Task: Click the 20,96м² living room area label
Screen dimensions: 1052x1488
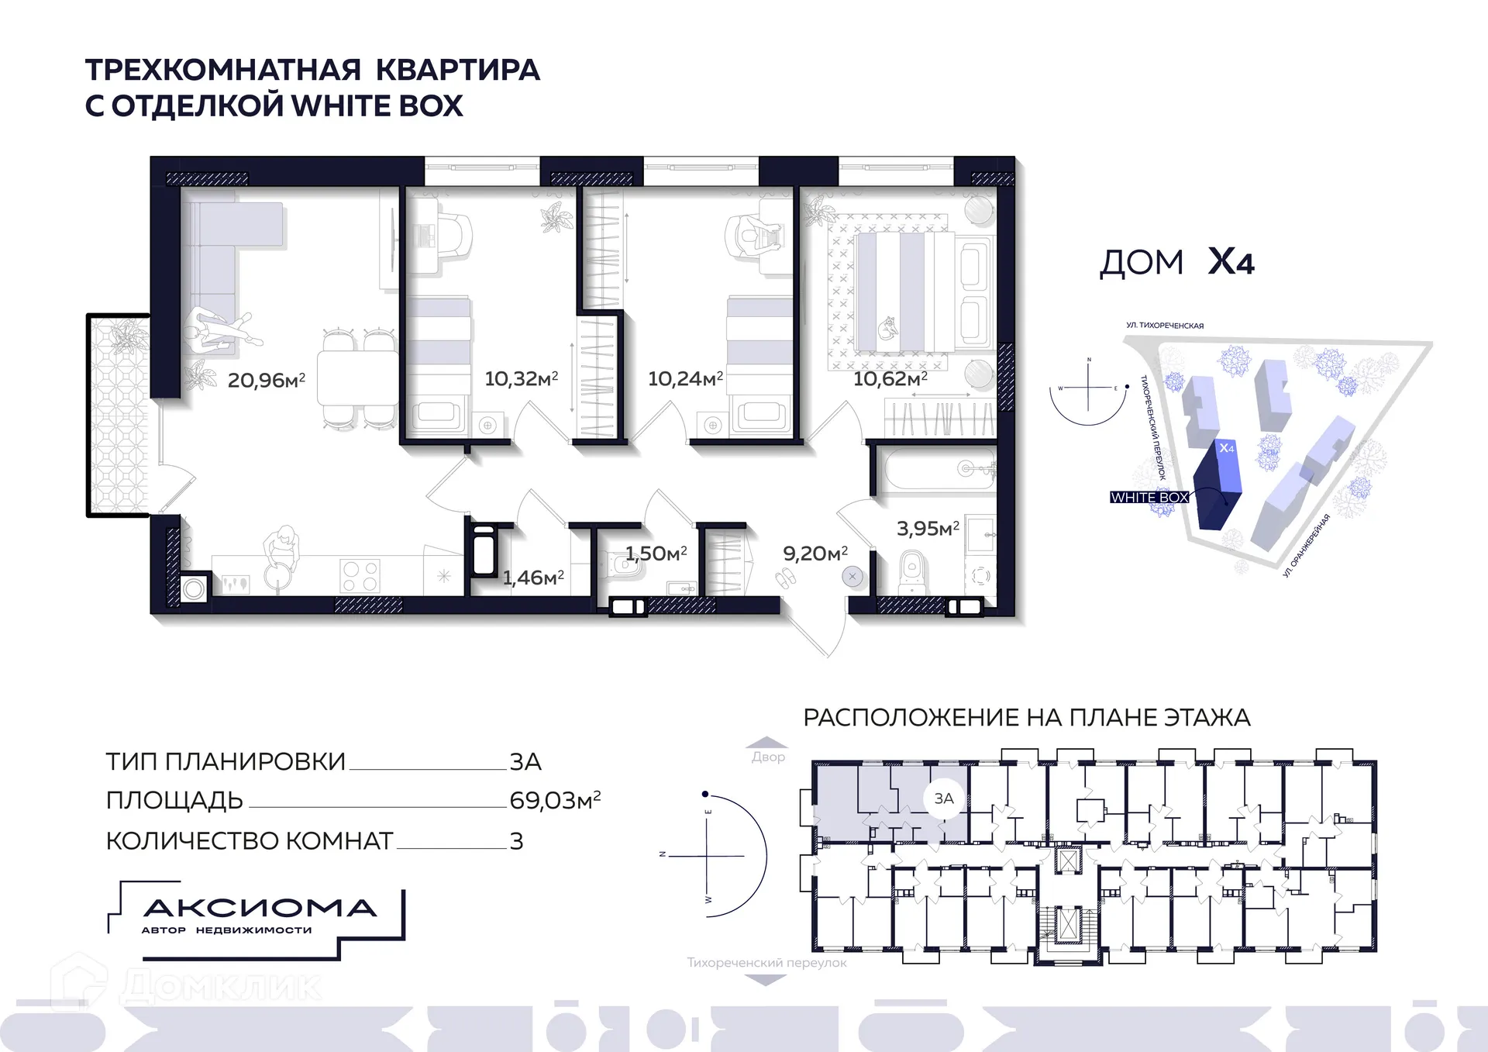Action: [x=266, y=380]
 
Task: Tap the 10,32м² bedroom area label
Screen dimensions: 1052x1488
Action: [x=521, y=378]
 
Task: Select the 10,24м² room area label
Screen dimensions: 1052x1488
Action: [x=685, y=378]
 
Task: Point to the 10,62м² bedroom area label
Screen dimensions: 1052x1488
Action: [x=890, y=378]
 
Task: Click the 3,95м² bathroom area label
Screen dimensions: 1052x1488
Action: [x=928, y=529]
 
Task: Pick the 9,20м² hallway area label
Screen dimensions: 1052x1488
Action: [x=815, y=554]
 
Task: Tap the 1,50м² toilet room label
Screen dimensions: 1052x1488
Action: [x=656, y=554]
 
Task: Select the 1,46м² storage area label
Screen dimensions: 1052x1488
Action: [x=533, y=578]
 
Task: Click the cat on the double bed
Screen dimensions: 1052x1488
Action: [x=887, y=329]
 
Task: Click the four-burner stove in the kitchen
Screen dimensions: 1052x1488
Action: [x=360, y=576]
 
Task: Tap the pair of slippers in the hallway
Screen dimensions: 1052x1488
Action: [x=786, y=578]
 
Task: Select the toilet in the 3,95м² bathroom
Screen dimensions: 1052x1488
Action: [x=912, y=571]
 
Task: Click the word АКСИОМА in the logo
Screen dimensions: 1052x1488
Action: [x=260, y=908]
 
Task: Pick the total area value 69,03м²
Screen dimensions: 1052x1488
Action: [x=555, y=800]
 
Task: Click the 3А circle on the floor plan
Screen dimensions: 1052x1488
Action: [x=943, y=798]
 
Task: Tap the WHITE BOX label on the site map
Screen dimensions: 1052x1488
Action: [x=1149, y=498]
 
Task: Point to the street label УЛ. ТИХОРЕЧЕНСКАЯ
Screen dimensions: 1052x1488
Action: [x=1165, y=326]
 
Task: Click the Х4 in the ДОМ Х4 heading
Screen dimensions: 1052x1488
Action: [x=1231, y=262]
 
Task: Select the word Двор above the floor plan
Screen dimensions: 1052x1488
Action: [x=768, y=757]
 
